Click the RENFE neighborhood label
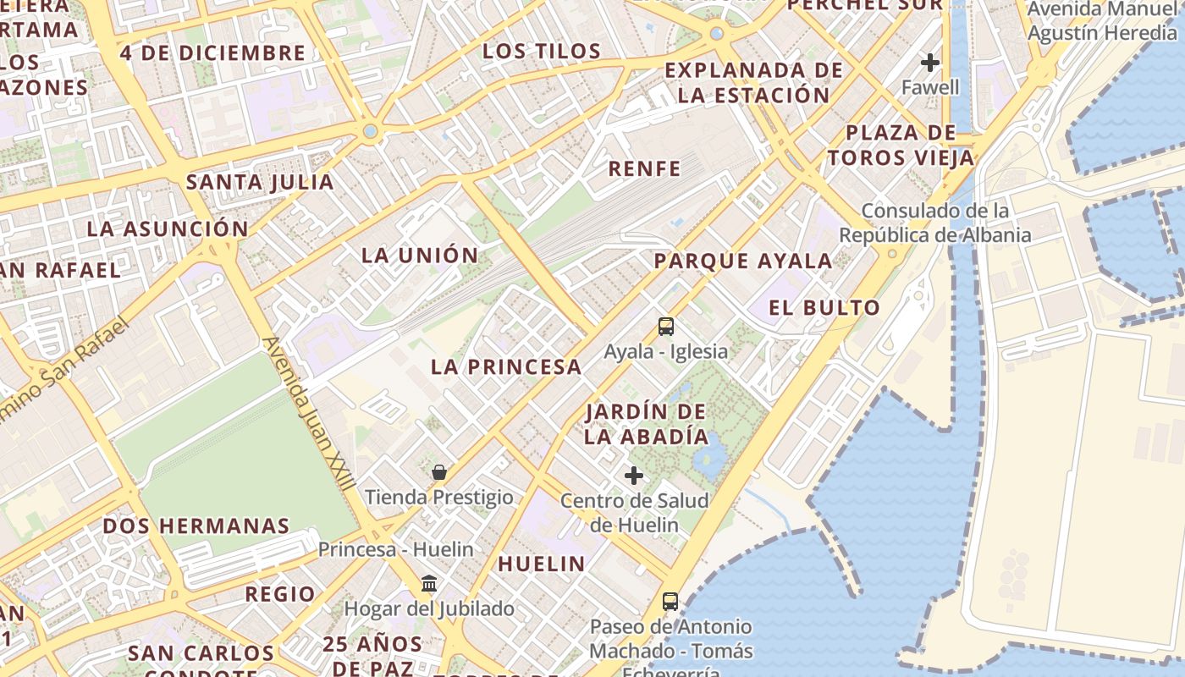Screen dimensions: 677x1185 click(644, 168)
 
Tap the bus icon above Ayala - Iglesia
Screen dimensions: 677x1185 click(666, 327)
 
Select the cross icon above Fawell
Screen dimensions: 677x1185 click(930, 63)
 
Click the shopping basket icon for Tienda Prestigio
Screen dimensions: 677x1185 click(438, 472)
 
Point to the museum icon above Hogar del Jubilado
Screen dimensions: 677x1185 click(429, 584)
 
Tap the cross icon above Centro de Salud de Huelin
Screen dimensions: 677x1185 click(634, 476)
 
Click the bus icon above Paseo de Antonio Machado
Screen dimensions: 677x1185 click(670, 602)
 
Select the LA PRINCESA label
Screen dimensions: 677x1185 click(506, 366)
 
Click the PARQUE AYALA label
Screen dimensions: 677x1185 click(742, 261)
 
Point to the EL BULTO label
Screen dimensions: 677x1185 click(824, 307)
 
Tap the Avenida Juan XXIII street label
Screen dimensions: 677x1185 click(308, 415)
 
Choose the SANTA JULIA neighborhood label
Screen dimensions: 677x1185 click(260, 182)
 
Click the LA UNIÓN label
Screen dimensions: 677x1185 click(420, 255)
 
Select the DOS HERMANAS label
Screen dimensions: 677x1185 click(196, 526)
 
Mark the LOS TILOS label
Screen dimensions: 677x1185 click(542, 51)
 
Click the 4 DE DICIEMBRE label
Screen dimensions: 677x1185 click(212, 52)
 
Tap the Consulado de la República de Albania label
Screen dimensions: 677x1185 click(935, 223)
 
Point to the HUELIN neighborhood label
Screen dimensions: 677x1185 click(541, 564)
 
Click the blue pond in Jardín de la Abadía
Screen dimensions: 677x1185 click(709, 455)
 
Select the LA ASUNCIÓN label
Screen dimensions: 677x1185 click(168, 228)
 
